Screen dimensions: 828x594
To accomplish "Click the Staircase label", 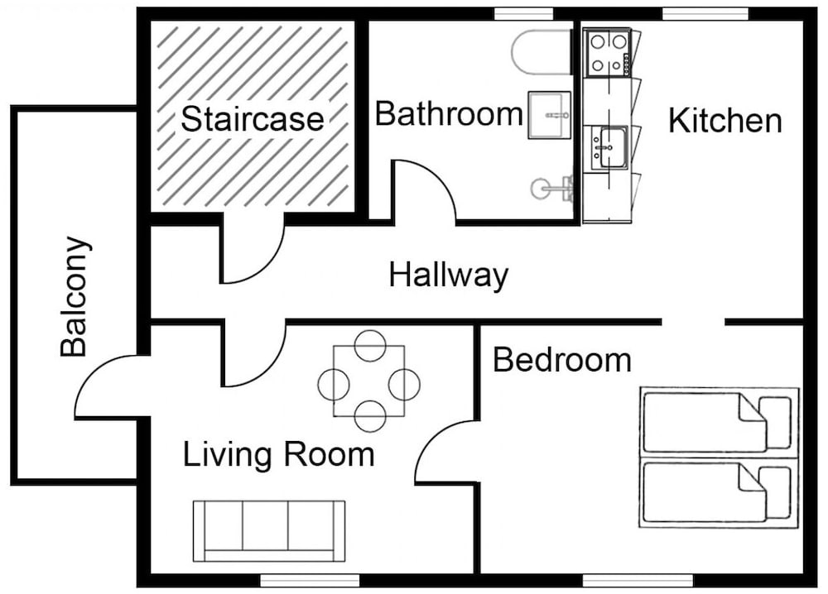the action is pos(252,118).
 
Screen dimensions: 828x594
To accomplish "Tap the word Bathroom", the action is pos(449,113).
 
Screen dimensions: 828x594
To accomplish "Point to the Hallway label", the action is pos(448,275).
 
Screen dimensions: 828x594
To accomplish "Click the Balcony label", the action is pos(74,296).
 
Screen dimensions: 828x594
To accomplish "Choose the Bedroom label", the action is pos(562,361).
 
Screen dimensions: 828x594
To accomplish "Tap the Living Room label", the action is pos(279,454).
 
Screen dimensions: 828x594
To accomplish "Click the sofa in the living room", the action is pos(269,531).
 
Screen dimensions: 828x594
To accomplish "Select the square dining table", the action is pos(369,381).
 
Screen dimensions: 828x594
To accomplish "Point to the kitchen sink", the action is pos(609,148).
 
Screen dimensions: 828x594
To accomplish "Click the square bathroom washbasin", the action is pos(550,115).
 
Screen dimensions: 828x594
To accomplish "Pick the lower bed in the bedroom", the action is pos(719,493).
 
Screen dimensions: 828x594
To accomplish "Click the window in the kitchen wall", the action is pos(705,14).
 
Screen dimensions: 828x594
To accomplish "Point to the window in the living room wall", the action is pos(310,580).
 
